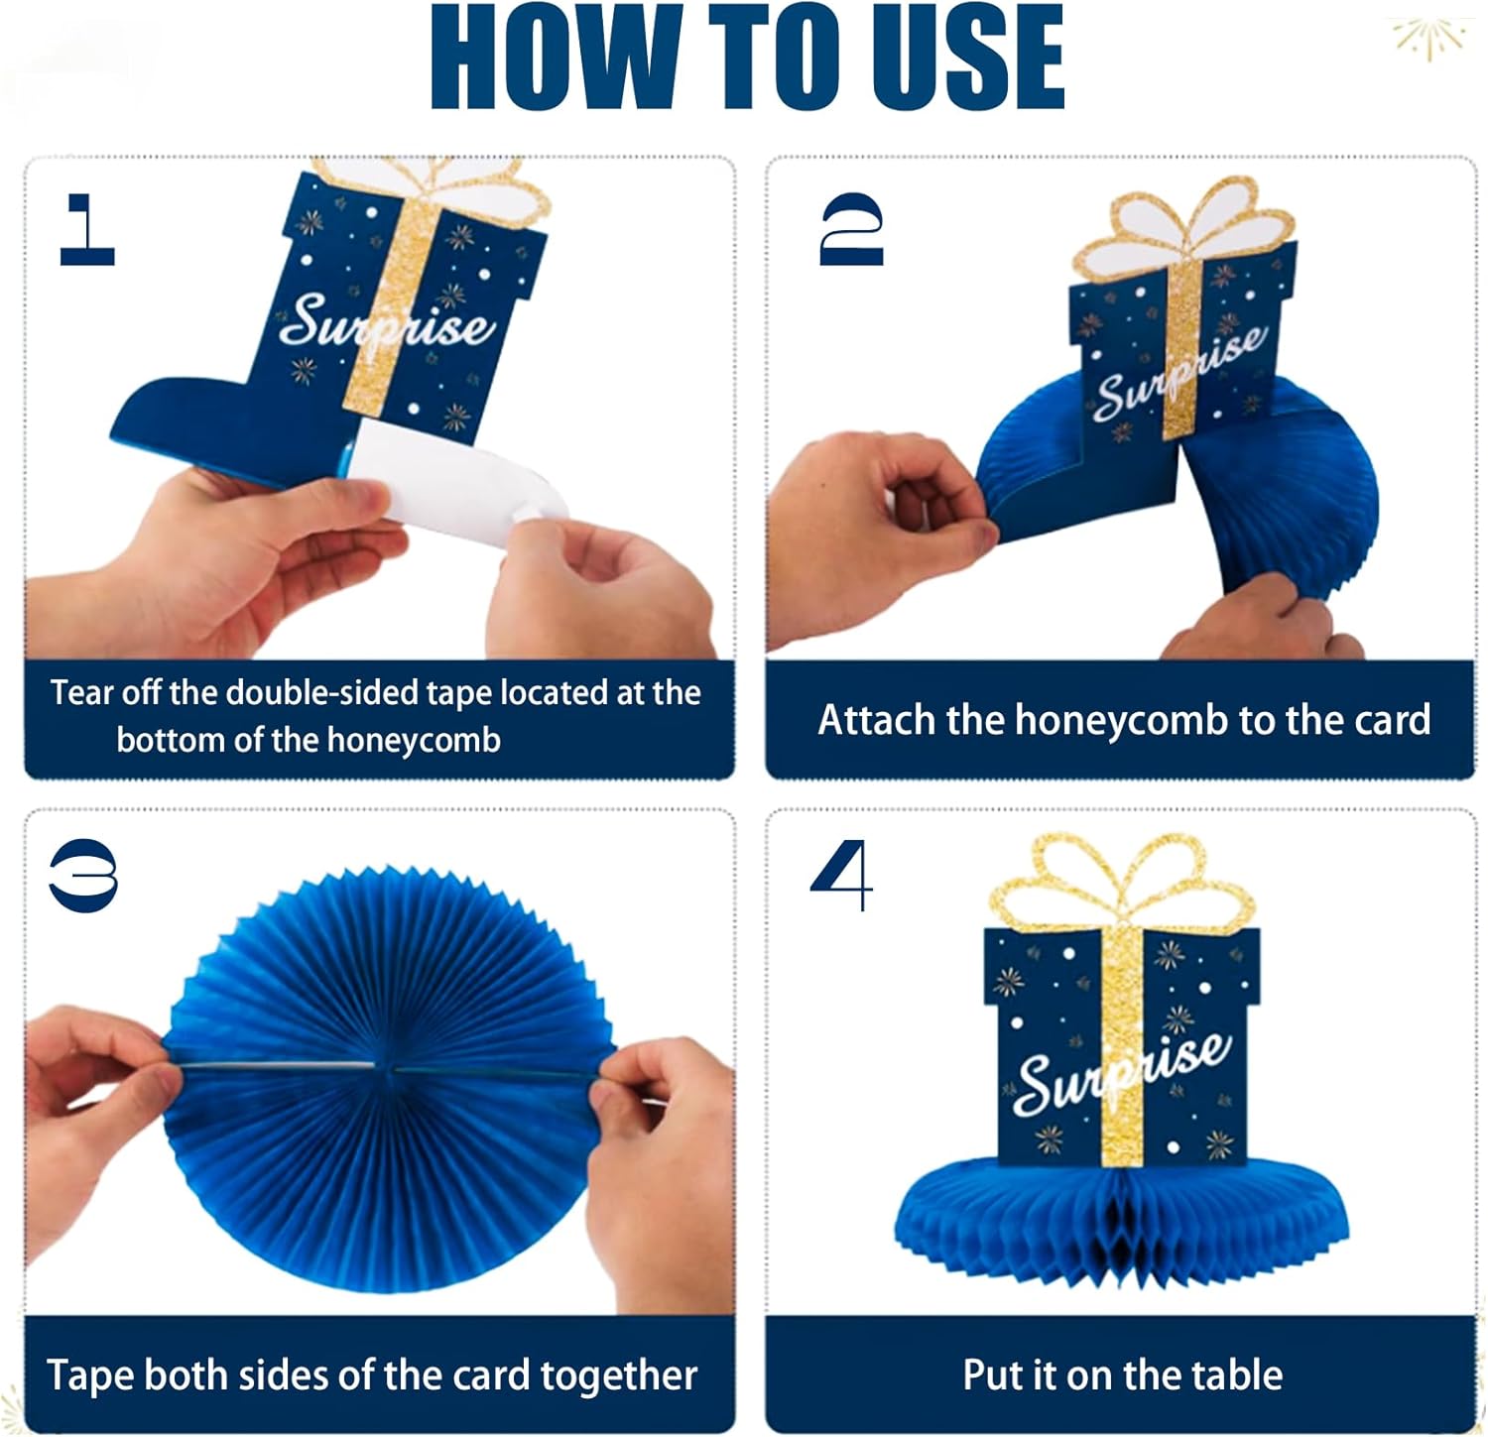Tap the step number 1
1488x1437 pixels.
pos(87,229)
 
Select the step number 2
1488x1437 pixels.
pos(851,229)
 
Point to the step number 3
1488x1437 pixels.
pos(83,876)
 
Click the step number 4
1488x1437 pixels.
pos(842,876)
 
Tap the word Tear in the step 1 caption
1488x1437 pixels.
pos(81,692)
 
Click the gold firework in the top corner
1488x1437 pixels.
pos(1428,37)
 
